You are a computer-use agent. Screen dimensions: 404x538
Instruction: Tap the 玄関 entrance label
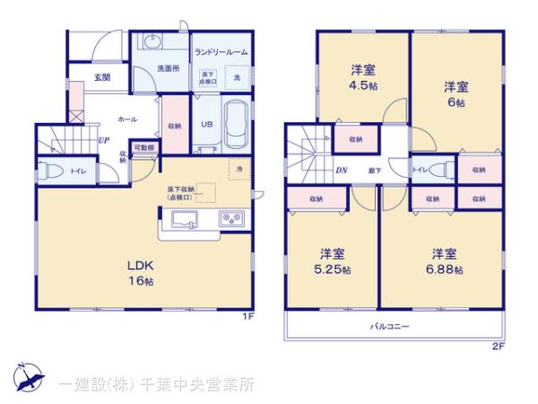coord(102,78)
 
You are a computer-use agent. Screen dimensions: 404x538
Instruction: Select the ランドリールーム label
coord(221,53)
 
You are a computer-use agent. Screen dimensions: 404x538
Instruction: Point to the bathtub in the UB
coord(236,124)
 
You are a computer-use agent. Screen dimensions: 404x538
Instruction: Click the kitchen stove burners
coord(230,218)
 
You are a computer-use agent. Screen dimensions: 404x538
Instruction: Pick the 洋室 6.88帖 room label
coord(446,260)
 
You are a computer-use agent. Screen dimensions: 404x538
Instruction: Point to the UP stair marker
coord(105,140)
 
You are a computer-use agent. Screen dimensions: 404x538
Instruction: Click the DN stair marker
coord(341,170)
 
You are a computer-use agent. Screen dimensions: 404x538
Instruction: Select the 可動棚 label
coord(143,147)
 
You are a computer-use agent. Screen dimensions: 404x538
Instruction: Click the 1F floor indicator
coord(254,315)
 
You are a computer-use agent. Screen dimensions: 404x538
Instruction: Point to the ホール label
coord(126,118)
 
